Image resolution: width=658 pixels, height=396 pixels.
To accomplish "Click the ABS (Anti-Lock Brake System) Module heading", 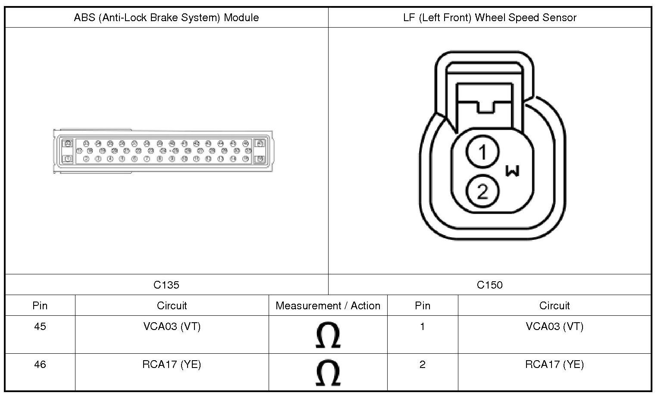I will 166,18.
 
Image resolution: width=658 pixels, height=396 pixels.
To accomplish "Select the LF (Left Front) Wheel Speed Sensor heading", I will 489,18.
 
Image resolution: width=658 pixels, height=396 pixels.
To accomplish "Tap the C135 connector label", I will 166,285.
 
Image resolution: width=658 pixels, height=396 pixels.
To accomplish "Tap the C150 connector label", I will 489,285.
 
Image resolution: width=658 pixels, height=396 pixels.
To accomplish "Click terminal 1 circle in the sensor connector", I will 483,152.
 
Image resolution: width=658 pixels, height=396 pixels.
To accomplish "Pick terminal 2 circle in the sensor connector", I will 483,191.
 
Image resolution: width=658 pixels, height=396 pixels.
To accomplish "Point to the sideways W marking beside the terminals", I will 512,171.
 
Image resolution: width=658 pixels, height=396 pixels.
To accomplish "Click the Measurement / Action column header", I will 328,305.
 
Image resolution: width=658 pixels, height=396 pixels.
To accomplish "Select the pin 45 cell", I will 40,327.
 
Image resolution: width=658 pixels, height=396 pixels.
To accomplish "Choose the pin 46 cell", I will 40,365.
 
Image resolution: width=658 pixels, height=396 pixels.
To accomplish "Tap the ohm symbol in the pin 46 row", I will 328,373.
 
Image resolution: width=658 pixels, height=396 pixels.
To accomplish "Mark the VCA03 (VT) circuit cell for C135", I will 172,327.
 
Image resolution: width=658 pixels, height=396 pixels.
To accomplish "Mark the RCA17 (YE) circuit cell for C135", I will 172,365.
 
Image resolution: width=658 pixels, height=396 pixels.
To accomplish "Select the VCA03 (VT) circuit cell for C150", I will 555,327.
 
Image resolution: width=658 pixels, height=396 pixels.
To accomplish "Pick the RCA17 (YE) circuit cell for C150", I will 555,365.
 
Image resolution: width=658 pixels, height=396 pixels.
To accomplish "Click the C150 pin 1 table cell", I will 422,327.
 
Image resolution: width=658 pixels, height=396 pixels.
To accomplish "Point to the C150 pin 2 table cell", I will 422,365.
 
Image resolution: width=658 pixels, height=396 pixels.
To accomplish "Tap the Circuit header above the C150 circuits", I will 555,305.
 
